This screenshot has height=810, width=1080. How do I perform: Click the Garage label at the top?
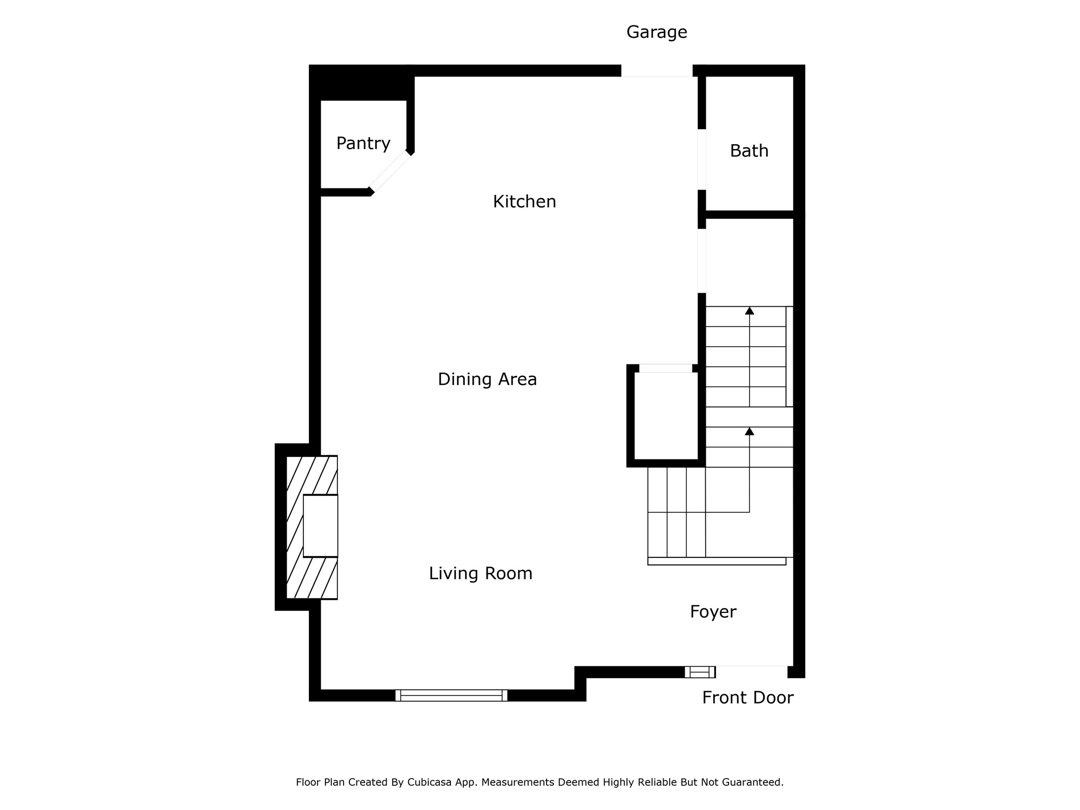coord(657,32)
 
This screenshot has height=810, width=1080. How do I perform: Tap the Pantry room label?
coord(363,144)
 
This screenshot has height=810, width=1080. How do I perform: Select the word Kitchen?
coord(524,202)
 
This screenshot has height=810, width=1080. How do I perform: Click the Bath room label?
coord(749,151)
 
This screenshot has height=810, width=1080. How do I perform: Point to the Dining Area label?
coord(487,380)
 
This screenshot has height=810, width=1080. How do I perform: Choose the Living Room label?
coord(481,573)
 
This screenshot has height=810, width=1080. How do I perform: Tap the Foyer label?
coord(713,612)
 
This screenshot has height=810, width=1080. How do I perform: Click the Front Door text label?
coord(747,698)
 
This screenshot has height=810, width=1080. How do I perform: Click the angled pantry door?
coord(390,172)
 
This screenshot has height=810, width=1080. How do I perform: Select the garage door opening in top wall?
coord(657,71)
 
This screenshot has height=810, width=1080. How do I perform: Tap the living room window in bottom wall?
coord(451,696)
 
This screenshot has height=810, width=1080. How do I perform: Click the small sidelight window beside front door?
coord(700,672)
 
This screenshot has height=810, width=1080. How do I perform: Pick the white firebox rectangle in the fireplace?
coord(320,526)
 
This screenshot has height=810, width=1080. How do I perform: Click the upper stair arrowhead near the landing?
coord(750,310)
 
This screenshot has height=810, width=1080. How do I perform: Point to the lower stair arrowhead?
coord(750,431)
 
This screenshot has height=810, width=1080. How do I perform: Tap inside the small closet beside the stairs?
coord(666,416)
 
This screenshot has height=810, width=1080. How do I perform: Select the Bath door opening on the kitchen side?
coord(702,160)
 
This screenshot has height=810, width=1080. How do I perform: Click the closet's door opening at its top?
coord(666,368)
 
